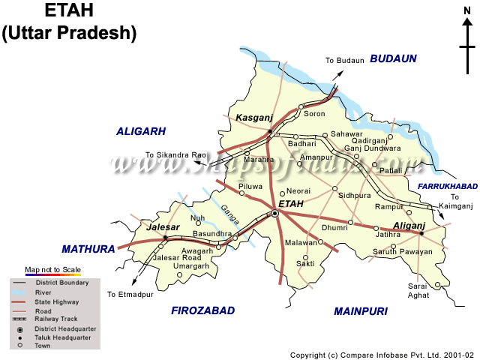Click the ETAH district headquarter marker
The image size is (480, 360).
275,214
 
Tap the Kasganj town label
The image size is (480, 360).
252,118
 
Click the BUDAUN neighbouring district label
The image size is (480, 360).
393,58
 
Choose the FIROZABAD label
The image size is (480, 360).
202,310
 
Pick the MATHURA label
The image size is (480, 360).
88,248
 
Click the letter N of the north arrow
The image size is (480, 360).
465,9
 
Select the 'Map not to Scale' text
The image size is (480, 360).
52,268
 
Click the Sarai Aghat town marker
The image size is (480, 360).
438,285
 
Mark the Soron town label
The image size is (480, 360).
314,114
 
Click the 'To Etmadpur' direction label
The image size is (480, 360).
130,294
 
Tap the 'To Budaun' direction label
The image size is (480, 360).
344,60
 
